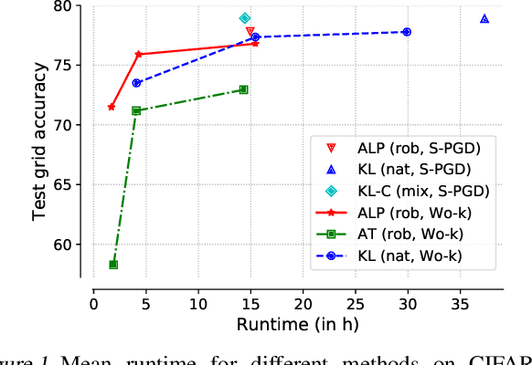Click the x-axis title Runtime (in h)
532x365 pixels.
tap(285, 324)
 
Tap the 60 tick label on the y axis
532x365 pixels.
tap(73, 245)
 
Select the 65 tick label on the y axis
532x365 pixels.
tap(73, 184)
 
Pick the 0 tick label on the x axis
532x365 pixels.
tap(92, 302)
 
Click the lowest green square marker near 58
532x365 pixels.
tap(113, 265)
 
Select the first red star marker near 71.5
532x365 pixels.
tap(112, 107)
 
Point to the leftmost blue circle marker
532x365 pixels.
tap(136, 83)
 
